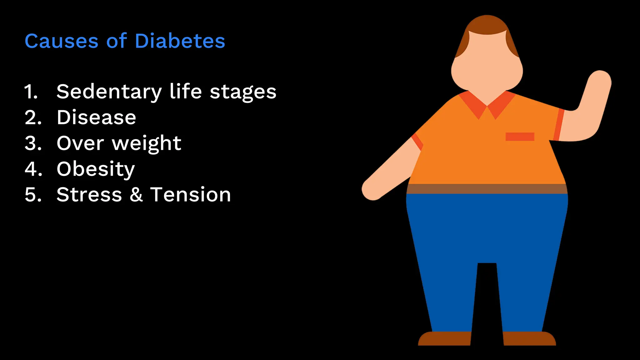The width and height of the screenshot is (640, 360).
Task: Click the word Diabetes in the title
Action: coord(180,41)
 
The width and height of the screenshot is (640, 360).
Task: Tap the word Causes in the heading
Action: coord(62,41)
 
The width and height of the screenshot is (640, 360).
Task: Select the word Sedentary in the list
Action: coord(109,92)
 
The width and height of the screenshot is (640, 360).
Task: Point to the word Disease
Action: coord(96,117)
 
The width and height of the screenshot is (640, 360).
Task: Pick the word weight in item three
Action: coord(147,144)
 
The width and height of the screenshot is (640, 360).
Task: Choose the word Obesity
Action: coord(96,169)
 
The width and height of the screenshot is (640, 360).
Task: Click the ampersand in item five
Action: coord(136,195)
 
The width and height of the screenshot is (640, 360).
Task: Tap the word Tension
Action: coord(190,195)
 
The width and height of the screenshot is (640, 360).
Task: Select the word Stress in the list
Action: coord(89,195)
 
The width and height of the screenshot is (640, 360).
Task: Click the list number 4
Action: coord(33,169)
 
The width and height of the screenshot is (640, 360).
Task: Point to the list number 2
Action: coord(33,118)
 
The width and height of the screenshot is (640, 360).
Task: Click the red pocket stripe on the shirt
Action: coord(520,137)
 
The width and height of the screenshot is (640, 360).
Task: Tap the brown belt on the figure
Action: coord(487,189)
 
